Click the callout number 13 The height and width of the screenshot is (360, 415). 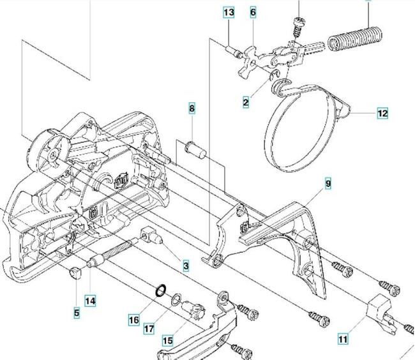(x=229, y=13)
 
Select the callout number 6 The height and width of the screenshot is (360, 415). (x=253, y=13)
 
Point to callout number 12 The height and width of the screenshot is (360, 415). (x=382, y=114)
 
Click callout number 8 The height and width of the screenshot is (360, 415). (x=192, y=109)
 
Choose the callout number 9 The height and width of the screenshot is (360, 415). (x=328, y=184)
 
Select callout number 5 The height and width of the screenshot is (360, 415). (x=77, y=313)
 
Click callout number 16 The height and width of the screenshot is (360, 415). (x=133, y=319)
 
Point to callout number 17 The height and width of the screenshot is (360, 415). (x=149, y=329)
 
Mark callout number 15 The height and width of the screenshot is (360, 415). (x=167, y=341)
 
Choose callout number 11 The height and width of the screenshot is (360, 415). (x=343, y=340)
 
